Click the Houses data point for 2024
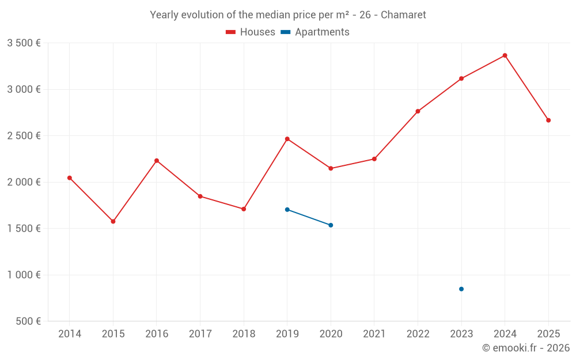click(505, 55)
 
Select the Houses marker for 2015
click(113, 221)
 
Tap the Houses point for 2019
click(287, 139)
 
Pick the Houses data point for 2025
click(548, 120)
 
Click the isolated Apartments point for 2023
click(461, 289)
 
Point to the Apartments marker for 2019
click(287, 210)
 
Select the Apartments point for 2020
click(331, 225)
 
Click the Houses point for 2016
click(157, 161)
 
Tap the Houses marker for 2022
click(418, 111)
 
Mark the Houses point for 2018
click(244, 209)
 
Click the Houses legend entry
click(251, 32)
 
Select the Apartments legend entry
click(315, 32)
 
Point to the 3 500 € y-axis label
click(24, 43)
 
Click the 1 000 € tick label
click(24, 275)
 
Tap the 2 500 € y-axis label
click(24, 136)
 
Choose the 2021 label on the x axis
click(374, 334)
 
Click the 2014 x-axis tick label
click(70, 334)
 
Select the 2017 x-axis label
click(200, 334)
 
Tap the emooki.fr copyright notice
click(525, 348)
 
